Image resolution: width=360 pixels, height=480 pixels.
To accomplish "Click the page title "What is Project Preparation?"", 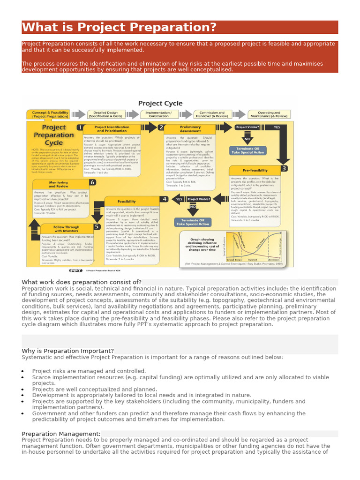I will tap(119, 27).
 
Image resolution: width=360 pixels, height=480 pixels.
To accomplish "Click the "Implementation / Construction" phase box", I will tap(158, 114).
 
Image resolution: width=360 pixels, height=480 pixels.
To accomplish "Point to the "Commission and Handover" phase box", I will tap(212, 114).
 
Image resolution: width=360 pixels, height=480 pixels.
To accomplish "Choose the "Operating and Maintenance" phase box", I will tap(269, 114).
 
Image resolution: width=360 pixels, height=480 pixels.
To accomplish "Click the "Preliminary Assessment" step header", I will tap(190, 129).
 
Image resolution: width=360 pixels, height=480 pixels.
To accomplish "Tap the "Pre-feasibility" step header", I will tap(255, 170).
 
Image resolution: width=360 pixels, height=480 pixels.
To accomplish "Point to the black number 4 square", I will tap(164, 199).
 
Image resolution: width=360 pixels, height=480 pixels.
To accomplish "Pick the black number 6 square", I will tap(92, 182).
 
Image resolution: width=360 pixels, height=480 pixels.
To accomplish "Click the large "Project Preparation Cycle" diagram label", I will tap(53, 135).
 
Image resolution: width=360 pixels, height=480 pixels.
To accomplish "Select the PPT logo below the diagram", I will tap(75, 270).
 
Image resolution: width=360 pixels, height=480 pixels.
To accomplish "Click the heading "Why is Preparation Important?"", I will tap(68, 351).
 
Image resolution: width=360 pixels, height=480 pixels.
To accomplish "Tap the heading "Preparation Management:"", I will tap(61, 434).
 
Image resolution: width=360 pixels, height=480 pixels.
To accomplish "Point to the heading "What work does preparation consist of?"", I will tap(82, 282).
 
